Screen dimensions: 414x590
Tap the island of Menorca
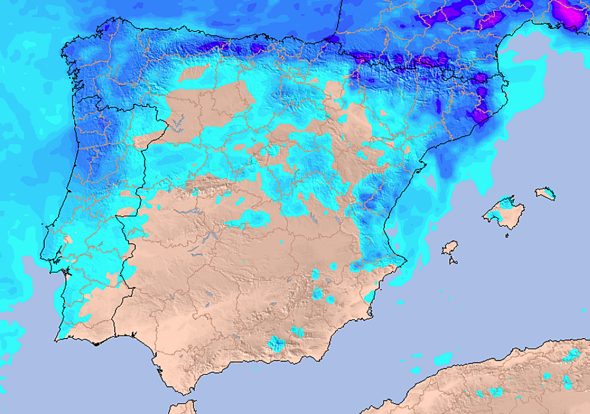click(546, 193)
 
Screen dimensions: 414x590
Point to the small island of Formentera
click(452, 261)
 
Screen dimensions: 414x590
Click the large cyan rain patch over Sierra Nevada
click(277, 344)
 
